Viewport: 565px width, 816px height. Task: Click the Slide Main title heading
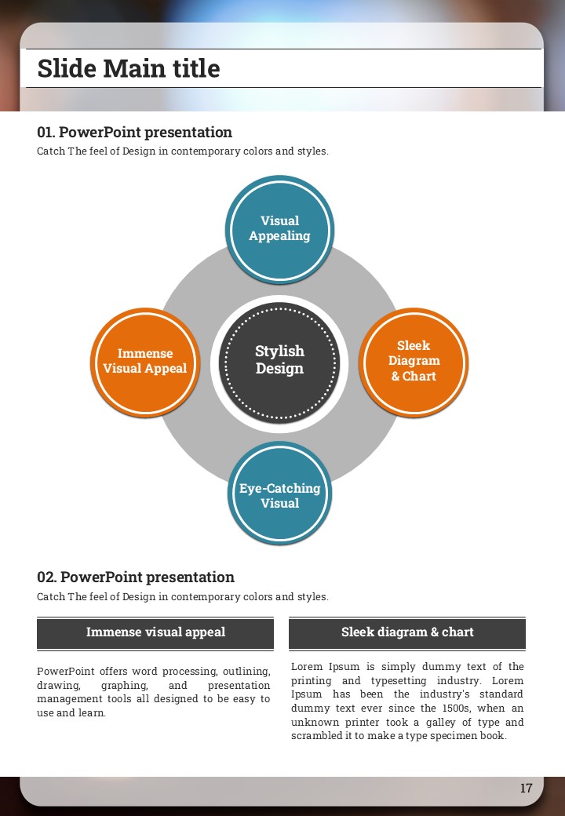point(129,69)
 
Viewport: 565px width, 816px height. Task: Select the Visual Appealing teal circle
point(280,228)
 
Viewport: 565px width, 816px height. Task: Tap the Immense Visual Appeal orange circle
point(145,362)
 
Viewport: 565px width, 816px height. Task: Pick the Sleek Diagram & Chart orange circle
point(414,361)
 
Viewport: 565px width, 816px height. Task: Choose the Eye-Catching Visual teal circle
point(280,495)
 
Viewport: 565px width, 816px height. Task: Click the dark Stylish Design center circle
point(280,361)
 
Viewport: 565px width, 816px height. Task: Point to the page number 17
point(526,788)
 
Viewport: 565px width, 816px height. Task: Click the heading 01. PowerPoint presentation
point(134,133)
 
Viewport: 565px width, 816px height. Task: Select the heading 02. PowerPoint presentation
point(136,577)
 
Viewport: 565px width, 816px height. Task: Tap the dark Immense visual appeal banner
point(155,632)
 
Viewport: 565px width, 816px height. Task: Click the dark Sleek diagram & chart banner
point(407,632)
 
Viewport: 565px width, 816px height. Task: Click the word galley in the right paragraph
point(439,722)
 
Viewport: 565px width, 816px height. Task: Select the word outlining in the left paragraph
point(246,672)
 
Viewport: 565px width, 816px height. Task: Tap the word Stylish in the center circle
point(279,352)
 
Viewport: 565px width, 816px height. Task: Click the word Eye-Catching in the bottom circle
point(279,488)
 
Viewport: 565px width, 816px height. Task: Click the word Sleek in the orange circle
point(414,345)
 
